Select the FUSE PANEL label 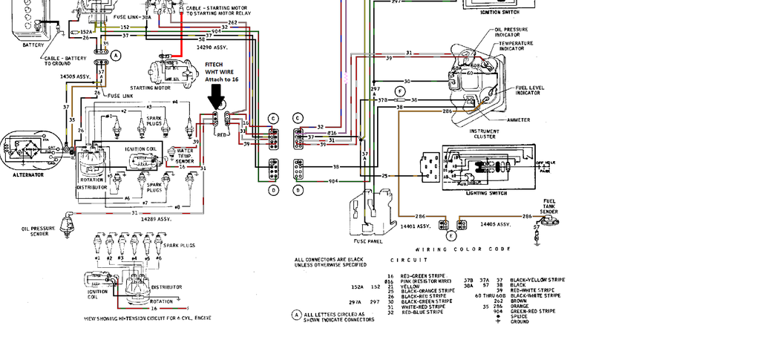pos(368,240)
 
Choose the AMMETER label pos(519,119)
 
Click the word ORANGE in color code pos(520,306)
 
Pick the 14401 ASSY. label pos(415,225)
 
